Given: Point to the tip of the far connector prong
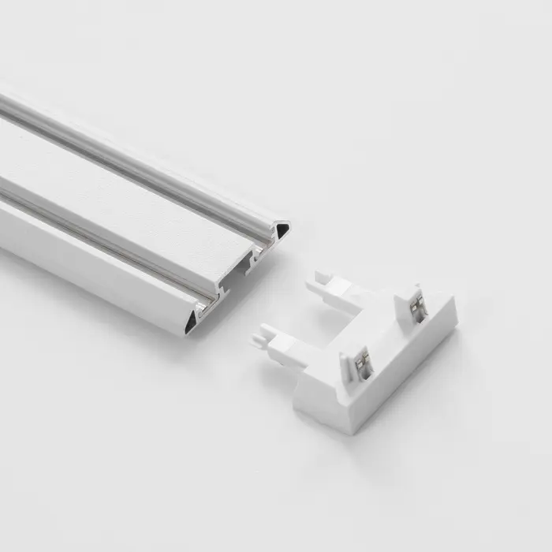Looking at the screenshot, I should pyautogui.click(x=319, y=278).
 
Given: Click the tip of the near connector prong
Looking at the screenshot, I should pyautogui.click(x=258, y=341).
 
